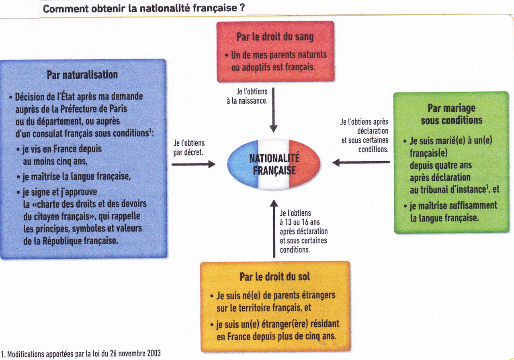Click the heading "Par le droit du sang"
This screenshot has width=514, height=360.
pyautogui.click(x=275, y=37)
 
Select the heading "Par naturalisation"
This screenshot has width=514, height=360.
pyautogui.click(x=82, y=75)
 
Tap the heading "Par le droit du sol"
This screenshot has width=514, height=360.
pyautogui.click(x=275, y=276)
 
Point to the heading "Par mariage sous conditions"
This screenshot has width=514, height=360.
pyautogui.click(x=451, y=114)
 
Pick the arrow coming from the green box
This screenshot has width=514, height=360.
pyautogui.click(x=361, y=162)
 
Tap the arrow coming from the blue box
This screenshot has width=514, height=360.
pyautogui.click(x=193, y=164)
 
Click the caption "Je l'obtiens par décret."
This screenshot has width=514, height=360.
pyautogui.click(x=189, y=147)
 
